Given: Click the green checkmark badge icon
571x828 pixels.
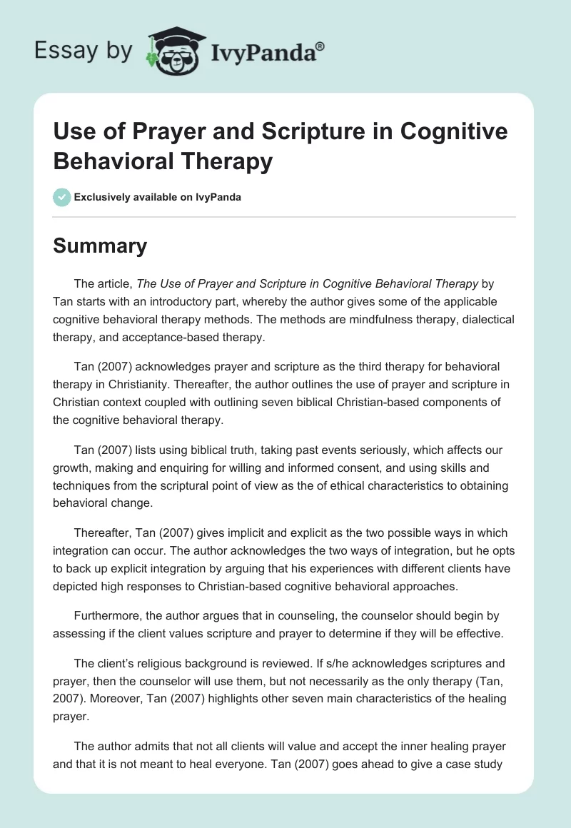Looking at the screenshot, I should (62, 197).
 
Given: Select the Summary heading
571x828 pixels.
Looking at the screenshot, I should (100, 246).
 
